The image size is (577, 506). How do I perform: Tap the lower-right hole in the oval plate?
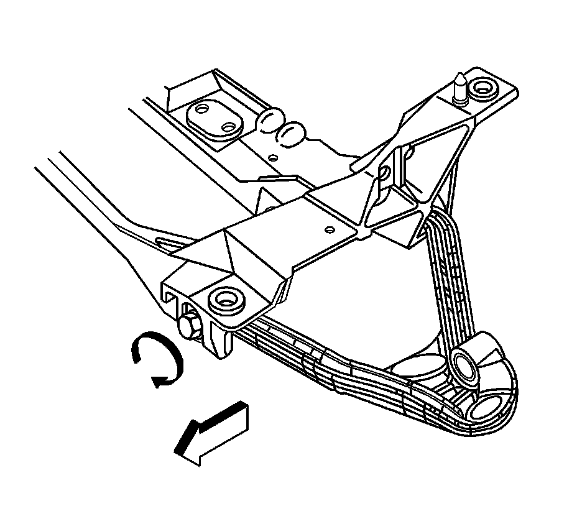click(x=229, y=127)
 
